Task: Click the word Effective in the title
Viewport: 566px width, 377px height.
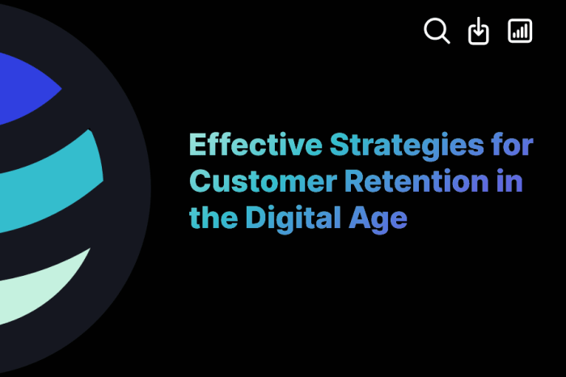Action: click(256, 145)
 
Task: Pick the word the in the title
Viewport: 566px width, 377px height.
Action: click(210, 217)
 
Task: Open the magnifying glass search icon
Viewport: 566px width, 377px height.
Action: click(437, 32)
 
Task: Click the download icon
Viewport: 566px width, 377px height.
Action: click(479, 32)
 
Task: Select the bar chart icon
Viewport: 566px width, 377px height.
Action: click(520, 32)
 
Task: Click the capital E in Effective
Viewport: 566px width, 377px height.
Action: click(197, 145)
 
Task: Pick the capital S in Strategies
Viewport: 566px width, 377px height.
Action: click(338, 145)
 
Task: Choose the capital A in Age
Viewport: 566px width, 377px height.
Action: click(361, 217)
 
